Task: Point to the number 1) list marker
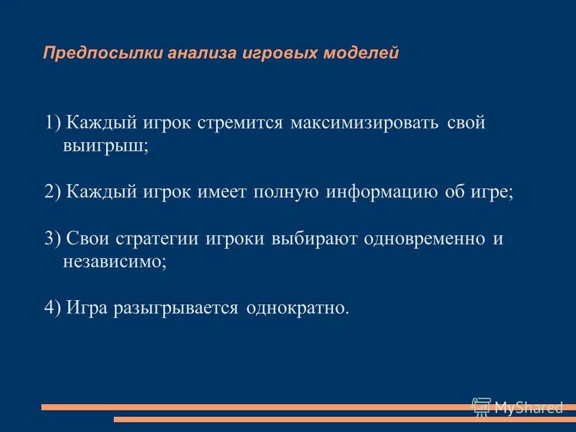click(54, 123)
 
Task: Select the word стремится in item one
click(240, 123)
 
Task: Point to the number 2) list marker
click(54, 192)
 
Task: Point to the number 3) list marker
click(54, 239)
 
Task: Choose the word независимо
click(113, 262)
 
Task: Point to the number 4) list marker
click(54, 308)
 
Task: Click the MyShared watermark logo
click(517, 407)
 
